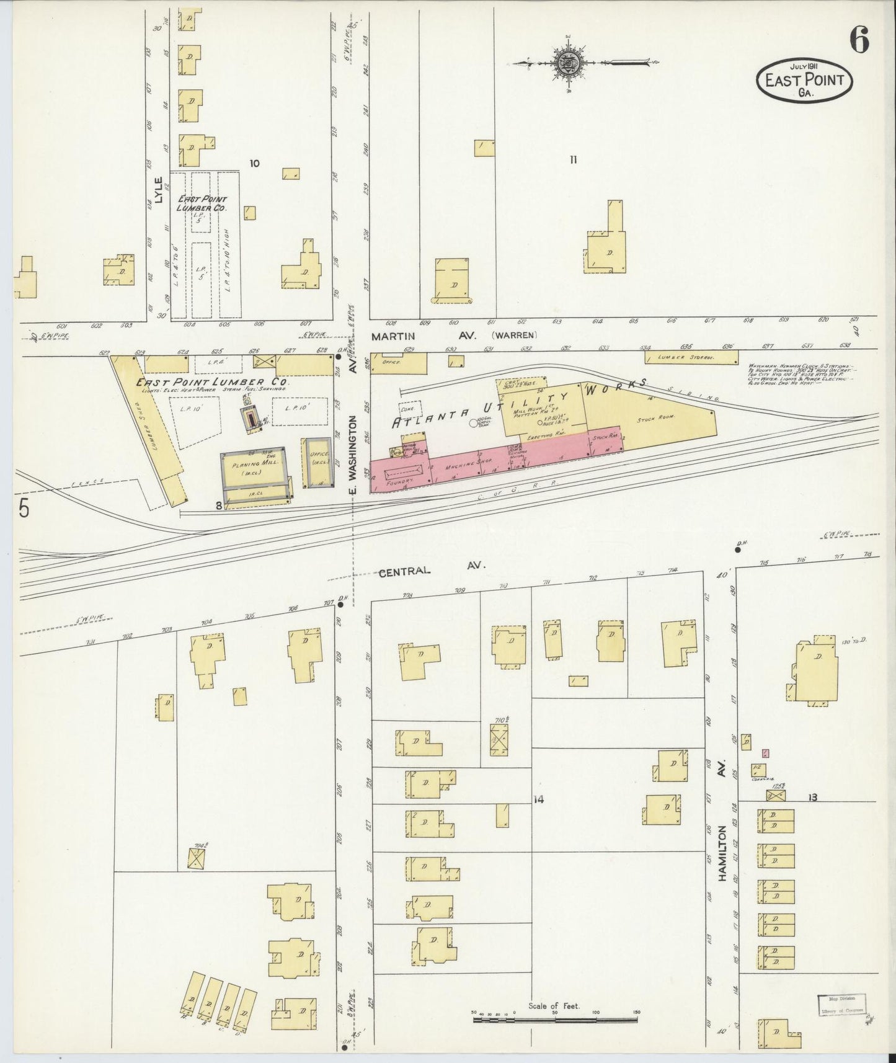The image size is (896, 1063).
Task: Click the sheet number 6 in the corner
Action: click(859, 42)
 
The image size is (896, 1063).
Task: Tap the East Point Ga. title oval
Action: click(804, 82)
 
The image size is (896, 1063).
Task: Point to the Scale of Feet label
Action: click(554, 1005)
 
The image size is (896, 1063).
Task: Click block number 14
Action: click(538, 799)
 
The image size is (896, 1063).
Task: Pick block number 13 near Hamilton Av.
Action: click(812, 797)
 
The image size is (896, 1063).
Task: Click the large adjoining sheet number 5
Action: click(24, 508)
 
